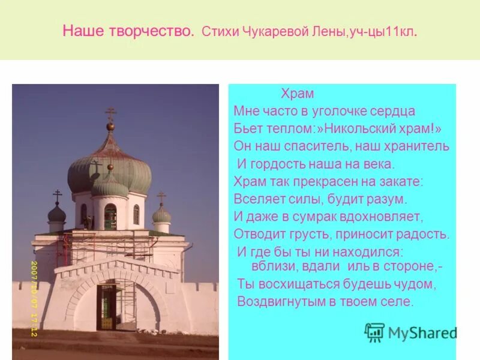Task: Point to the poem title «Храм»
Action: click(x=298, y=94)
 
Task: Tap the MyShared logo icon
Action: click(x=375, y=332)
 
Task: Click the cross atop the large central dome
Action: click(x=110, y=113)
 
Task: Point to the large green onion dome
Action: click(x=109, y=165)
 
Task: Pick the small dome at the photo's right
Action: click(x=161, y=214)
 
